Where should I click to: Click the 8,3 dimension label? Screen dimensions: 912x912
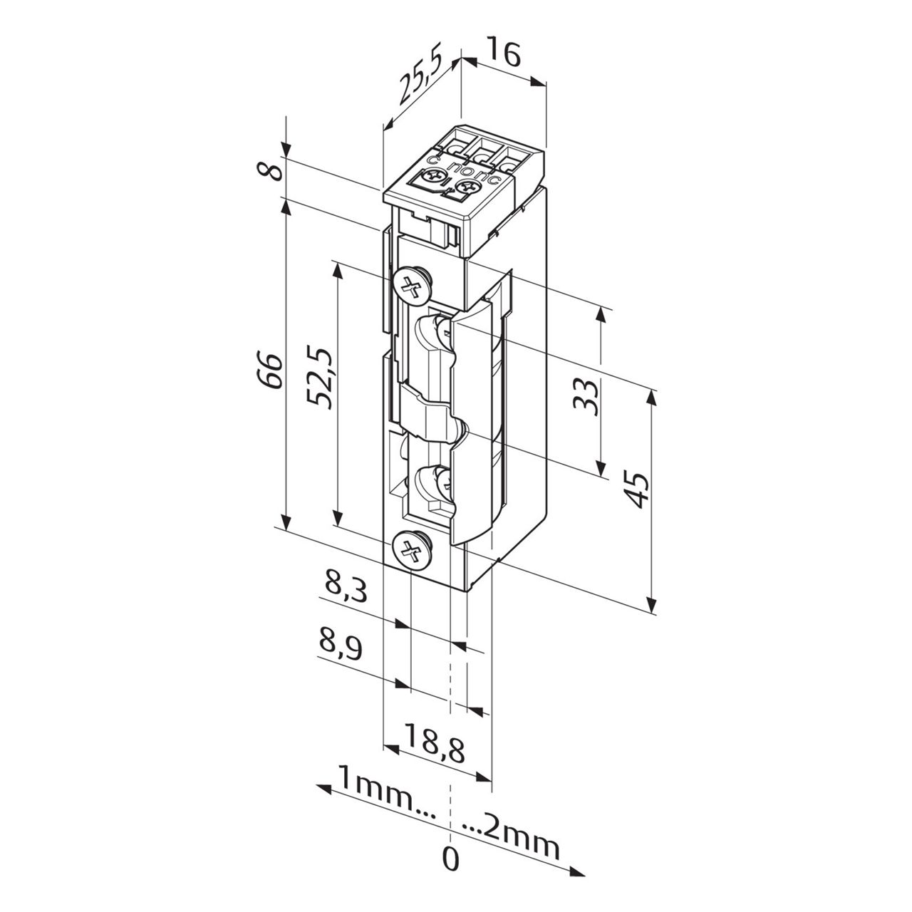[346, 589]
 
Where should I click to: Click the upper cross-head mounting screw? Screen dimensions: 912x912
[412, 288]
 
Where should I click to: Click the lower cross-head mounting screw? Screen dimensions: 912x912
[411, 550]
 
